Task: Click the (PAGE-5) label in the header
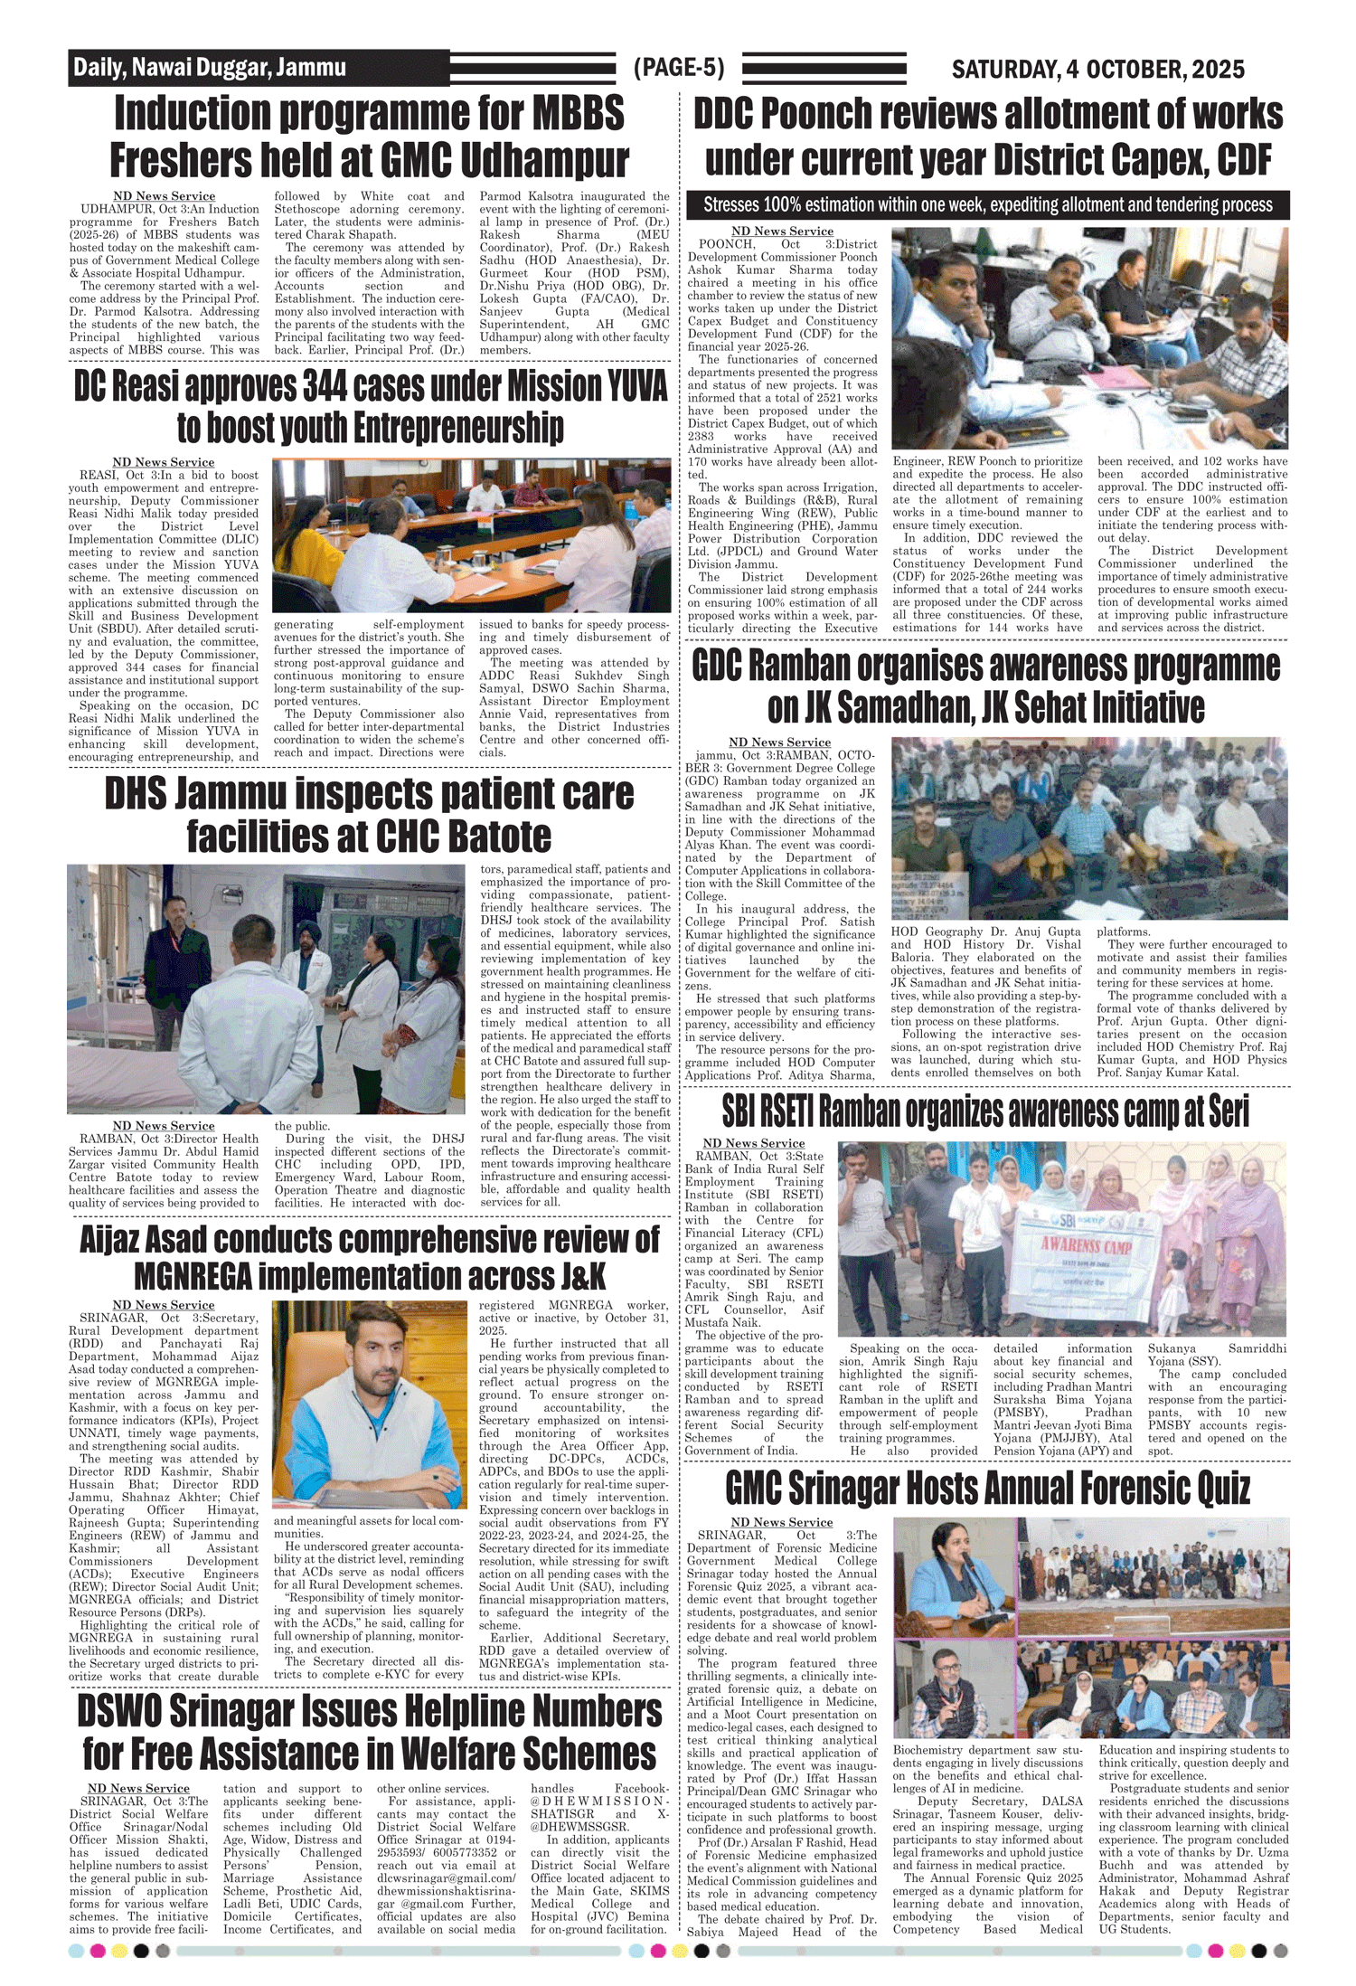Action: pyautogui.click(x=679, y=68)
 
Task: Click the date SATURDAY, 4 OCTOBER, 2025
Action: pyautogui.click(x=1097, y=70)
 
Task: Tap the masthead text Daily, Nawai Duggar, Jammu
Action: pyautogui.click(x=210, y=68)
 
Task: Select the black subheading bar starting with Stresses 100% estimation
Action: pyautogui.click(x=987, y=205)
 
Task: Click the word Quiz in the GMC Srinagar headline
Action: pyautogui.click(x=1210, y=1488)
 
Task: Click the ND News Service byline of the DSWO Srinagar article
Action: pyautogui.click(x=138, y=1788)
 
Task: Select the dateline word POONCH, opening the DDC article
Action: pyautogui.click(x=727, y=244)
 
